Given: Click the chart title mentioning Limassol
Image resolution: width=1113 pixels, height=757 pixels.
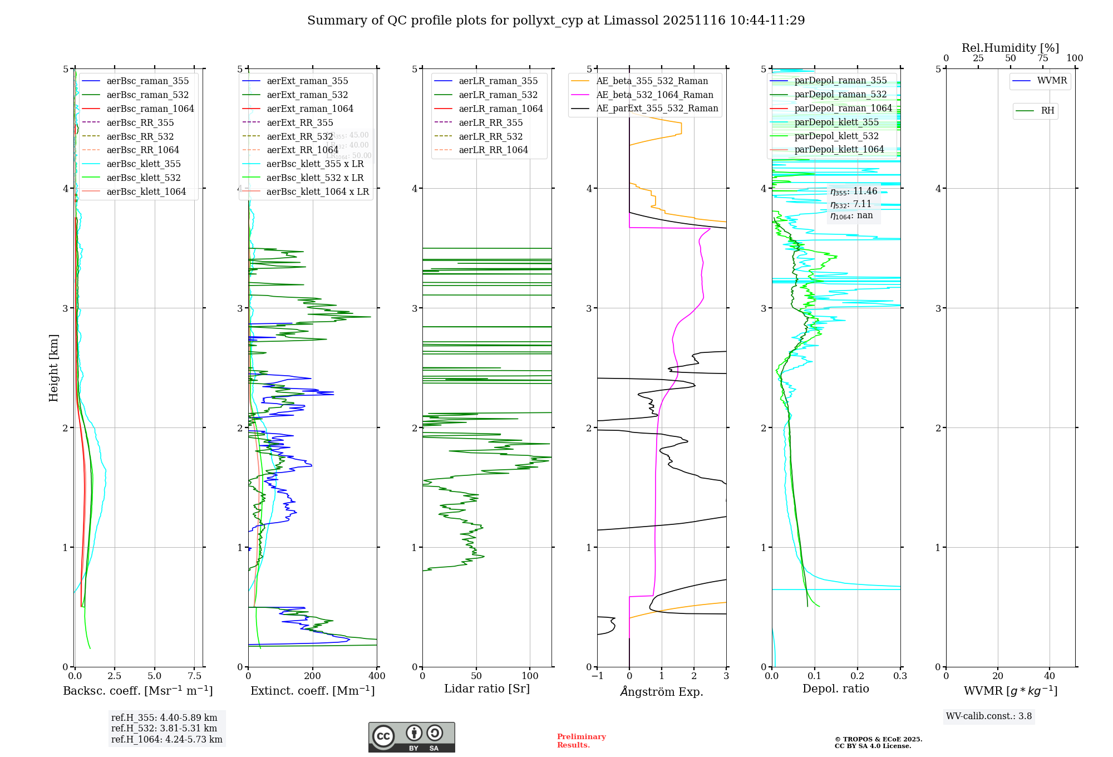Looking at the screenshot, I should tap(556, 21).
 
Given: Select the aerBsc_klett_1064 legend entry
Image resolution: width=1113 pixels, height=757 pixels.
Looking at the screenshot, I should tap(146, 191).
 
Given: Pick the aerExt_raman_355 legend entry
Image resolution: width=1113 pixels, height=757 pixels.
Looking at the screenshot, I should tap(307, 81).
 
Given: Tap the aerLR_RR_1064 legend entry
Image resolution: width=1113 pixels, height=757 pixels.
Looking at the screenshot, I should tap(493, 150).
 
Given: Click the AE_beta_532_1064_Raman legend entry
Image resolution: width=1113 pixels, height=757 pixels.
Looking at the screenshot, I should tap(654, 95).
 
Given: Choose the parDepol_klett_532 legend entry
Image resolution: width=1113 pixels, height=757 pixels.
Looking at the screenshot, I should tap(836, 136).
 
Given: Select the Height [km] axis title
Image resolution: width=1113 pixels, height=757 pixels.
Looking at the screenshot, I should tap(53, 367).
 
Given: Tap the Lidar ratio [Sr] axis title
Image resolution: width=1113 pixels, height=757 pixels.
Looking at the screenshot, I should tap(487, 689).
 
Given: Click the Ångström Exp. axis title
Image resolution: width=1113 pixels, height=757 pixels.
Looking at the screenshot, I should tap(662, 691).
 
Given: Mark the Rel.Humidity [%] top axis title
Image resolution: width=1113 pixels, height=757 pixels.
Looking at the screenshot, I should tap(1010, 48).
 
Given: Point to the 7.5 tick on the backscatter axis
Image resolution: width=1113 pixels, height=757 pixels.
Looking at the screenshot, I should tap(194, 676).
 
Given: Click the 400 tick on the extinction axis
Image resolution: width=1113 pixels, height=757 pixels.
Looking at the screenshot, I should tap(377, 676).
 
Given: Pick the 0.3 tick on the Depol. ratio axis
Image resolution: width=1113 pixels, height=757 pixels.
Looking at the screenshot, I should tap(900, 676).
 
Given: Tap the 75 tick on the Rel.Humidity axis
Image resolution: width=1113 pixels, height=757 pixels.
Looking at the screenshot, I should tap(1042, 58).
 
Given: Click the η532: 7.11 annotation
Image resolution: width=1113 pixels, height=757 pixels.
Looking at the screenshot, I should tap(851, 204).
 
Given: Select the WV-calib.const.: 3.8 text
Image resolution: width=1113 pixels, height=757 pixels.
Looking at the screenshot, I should tap(989, 716).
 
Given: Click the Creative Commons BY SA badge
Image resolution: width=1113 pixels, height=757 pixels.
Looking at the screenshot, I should tap(411, 737).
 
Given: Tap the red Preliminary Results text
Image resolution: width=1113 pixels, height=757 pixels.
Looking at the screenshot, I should tap(581, 741).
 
